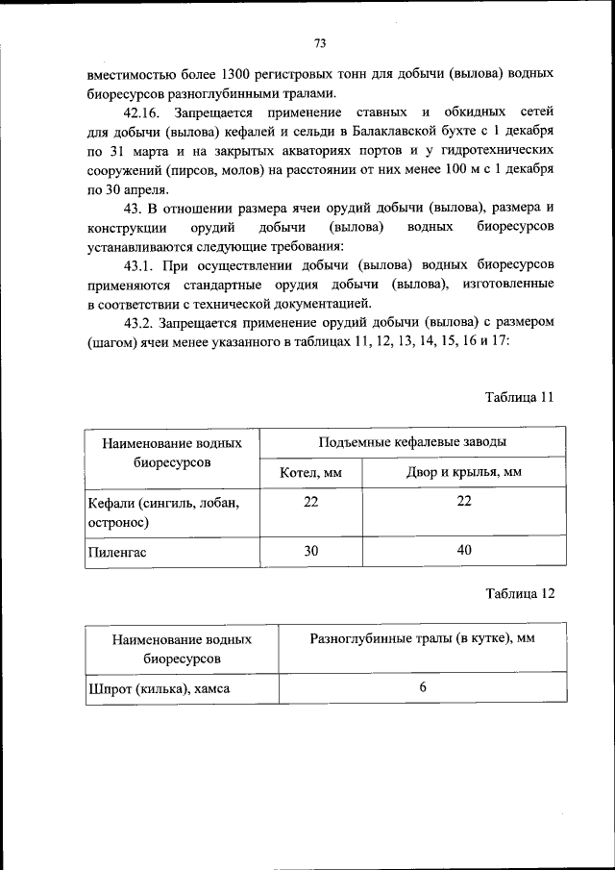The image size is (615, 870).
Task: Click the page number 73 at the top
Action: [x=321, y=42]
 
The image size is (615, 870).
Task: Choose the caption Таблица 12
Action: [x=520, y=593]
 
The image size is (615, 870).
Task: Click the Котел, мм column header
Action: [x=310, y=473]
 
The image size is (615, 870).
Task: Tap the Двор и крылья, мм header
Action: [x=464, y=473]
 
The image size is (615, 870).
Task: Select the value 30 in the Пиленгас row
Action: [x=310, y=551]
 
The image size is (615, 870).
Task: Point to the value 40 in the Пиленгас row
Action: [x=464, y=551]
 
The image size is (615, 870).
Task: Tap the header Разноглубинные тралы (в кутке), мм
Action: [x=422, y=638]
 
